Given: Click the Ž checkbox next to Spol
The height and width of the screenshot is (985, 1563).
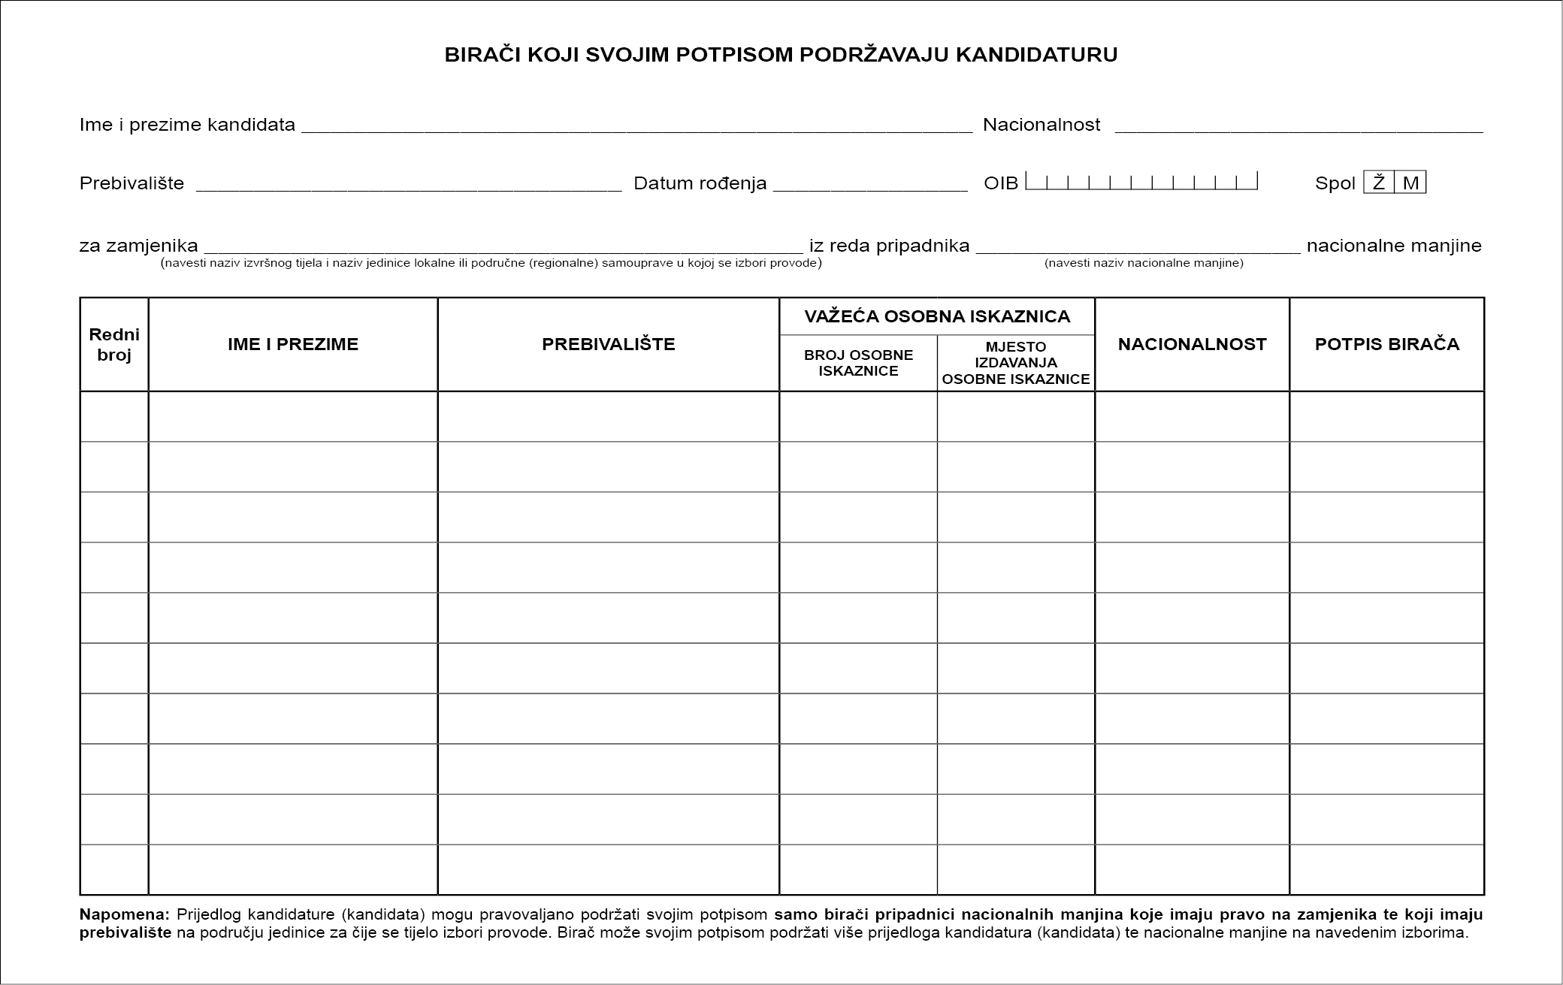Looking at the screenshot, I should click(1379, 183).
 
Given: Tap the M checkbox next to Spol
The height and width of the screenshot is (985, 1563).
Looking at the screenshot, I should click(1410, 183).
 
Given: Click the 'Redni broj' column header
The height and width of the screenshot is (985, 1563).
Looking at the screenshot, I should click(114, 345).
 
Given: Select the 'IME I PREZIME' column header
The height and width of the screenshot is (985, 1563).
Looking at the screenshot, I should click(293, 344).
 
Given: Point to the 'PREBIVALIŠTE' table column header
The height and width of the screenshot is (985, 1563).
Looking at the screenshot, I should click(609, 344).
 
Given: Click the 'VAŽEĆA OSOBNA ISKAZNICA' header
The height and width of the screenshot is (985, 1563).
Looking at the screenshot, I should click(937, 316).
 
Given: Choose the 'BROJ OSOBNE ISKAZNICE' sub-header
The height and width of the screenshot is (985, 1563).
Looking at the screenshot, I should click(858, 363).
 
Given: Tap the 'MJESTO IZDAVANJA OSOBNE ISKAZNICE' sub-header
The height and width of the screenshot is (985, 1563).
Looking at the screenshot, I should click(1016, 363).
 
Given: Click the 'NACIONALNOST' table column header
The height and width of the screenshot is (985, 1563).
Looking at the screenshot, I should click(1192, 344).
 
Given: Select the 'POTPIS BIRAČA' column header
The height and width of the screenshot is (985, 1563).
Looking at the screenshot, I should click(1386, 344).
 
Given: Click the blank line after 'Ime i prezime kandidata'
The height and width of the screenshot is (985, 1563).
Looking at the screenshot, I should click(636, 126).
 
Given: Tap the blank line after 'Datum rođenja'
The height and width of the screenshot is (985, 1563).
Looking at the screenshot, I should click(870, 185).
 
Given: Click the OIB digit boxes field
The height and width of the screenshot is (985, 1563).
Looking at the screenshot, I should click(1141, 182).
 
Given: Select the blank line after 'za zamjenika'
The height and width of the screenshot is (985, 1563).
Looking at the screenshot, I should click(503, 247).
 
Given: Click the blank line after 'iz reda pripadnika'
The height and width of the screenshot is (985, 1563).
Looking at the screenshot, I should click(1138, 247).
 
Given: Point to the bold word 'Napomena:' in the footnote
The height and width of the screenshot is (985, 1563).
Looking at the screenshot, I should click(125, 915).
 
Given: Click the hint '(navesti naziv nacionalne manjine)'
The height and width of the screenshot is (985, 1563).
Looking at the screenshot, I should click(1144, 263).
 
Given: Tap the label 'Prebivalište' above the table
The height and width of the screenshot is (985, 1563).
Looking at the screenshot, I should click(132, 183).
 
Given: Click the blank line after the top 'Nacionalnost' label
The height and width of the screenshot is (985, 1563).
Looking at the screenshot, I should click(1298, 126).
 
